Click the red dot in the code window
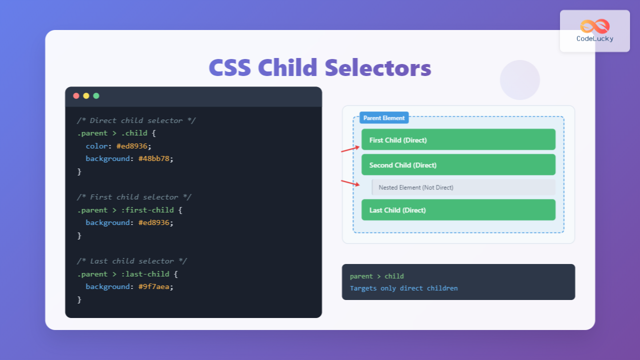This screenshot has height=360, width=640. coord(76,96)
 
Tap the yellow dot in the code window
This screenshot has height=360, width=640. coord(86,96)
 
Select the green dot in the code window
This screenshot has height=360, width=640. coord(96,96)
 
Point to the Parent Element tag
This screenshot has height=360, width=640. coord(384,118)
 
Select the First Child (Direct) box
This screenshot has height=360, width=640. coord(458,140)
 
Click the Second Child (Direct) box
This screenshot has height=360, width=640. coord(458,165)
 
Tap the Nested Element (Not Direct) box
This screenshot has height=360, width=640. coord(463,187)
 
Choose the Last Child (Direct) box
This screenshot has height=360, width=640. coord(458,210)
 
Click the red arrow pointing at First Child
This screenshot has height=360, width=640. coord(350,149)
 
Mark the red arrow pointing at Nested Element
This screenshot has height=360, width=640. coord(350,183)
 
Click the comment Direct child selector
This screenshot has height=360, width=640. coord(136,120)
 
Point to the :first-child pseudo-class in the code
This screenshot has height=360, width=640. coord(147,210)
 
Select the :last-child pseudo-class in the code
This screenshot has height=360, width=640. coord(145,274)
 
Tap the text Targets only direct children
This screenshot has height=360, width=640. coord(403,288)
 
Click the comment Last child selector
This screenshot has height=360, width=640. coord(132,261)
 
